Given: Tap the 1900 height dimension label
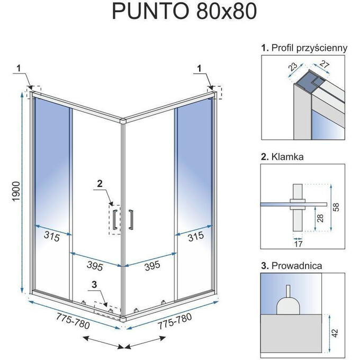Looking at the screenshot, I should pos(15,194).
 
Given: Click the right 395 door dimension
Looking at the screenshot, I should pos(150,265).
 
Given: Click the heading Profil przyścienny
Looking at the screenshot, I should pos(304,48).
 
